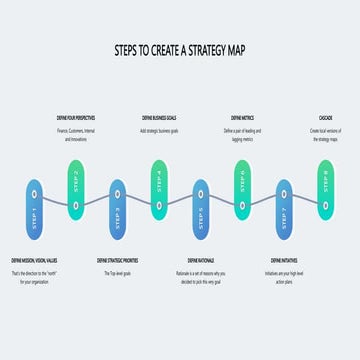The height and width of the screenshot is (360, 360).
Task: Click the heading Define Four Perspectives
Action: (76, 118)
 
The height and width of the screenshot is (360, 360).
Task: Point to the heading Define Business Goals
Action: (159, 118)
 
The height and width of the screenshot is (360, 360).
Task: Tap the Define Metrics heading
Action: (242, 118)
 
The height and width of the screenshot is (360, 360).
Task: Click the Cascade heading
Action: (324, 118)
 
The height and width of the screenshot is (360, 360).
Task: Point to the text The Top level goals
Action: (117, 272)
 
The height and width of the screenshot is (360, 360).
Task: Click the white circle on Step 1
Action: (34, 192)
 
